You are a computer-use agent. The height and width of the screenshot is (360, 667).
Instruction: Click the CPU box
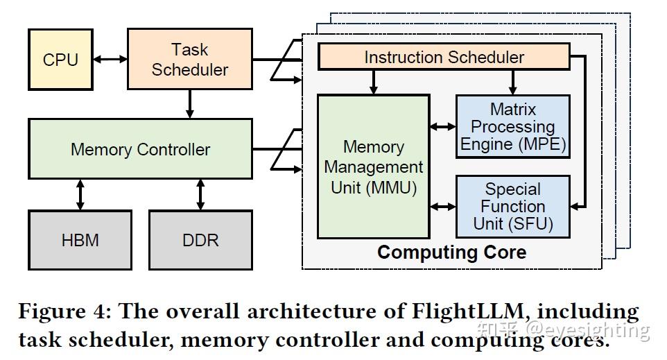(60, 60)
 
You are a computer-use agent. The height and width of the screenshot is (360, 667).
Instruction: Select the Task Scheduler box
(189, 59)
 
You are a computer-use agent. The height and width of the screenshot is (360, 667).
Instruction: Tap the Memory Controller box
(140, 149)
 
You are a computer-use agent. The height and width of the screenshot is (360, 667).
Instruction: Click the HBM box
(80, 240)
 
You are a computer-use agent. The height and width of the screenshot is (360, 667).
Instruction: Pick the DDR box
(200, 240)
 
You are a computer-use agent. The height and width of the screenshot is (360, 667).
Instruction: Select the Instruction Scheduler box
(444, 57)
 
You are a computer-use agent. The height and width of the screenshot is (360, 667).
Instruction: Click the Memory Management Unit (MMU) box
(373, 167)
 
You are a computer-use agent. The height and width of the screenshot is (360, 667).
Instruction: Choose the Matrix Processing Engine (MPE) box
(512, 127)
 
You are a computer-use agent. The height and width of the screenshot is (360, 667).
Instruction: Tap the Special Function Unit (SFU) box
(512, 207)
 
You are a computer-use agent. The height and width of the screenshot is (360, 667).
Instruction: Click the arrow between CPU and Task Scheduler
(110, 60)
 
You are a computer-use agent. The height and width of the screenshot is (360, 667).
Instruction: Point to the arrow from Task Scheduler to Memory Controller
(189, 103)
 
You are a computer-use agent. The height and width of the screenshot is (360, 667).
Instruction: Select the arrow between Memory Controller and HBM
(80, 194)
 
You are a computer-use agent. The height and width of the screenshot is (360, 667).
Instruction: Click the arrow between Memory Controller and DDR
(200, 194)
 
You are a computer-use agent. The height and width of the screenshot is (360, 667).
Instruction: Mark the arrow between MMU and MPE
(443, 127)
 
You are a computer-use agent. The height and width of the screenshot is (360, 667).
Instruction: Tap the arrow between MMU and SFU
(443, 207)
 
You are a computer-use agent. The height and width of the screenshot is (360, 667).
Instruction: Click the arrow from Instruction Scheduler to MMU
(374, 82)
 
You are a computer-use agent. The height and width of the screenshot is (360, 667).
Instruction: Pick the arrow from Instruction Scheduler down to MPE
(512, 82)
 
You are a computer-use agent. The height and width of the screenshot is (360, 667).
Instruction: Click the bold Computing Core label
(451, 252)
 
